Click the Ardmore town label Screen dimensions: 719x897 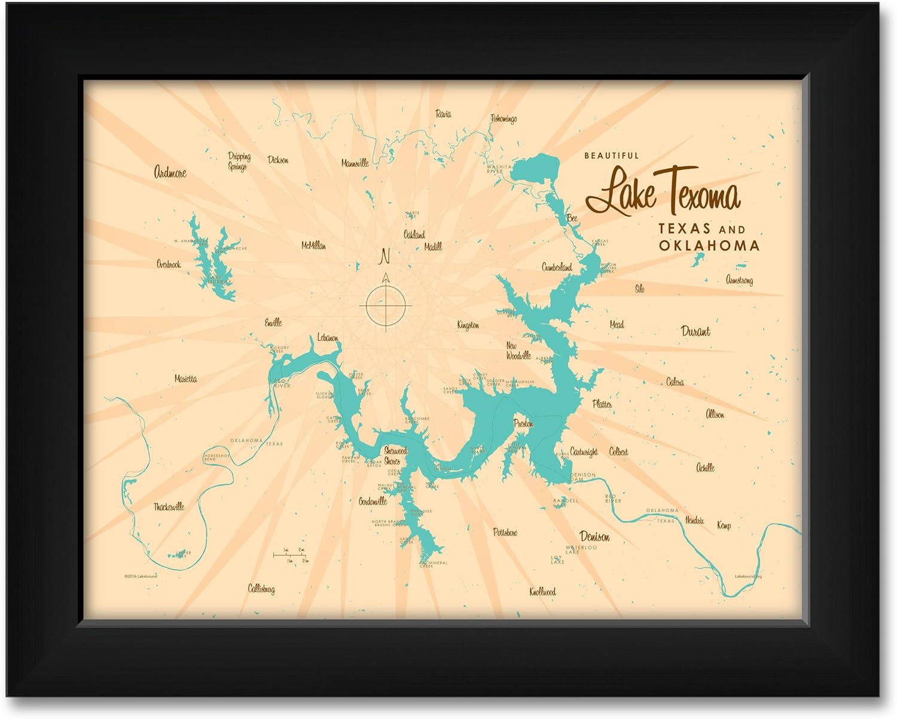(x=170, y=172)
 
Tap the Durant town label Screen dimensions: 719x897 (x=695, y=331)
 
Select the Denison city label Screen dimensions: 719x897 (x=594, y=536)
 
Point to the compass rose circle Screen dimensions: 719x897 (x=386, y=307)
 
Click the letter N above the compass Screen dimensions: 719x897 (x=385, y=256)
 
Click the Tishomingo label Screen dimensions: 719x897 (x=503, y=119)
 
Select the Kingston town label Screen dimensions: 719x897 (x=468, y=325)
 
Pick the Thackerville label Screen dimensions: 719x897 (x=169, y=506)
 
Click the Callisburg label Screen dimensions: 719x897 (x=261, y=588)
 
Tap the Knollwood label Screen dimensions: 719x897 (x=542, y=591)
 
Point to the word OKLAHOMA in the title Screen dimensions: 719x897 (x=709, y=245)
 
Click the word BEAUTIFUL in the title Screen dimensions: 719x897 (x=611, y=156)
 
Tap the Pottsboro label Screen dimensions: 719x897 (x=505, y=532)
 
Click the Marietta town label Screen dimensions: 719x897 (x=185, y=379)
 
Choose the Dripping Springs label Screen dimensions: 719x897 (x=239, y=161)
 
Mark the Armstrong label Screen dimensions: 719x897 (x=739, y=280)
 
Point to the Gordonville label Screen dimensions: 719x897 (x=373, y=502)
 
